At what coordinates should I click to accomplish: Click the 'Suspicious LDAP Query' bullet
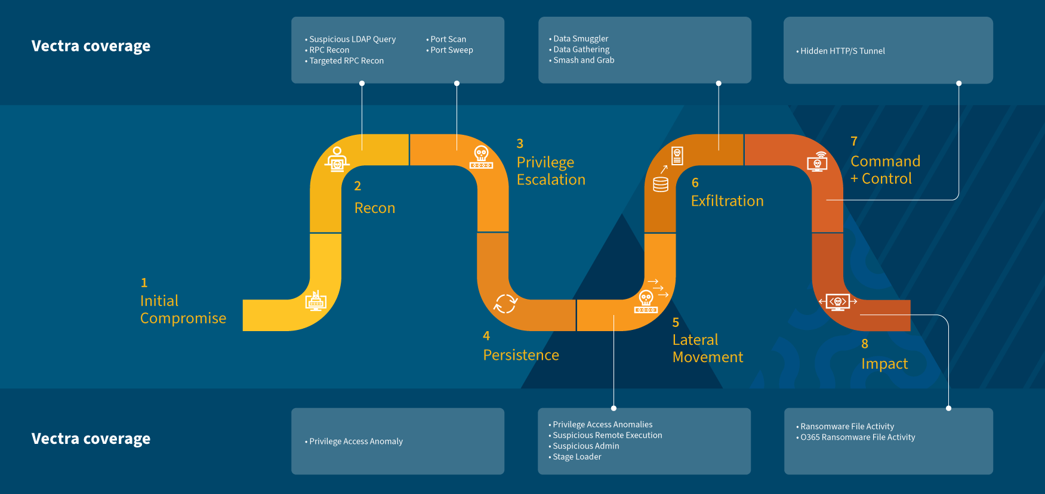point(352,39)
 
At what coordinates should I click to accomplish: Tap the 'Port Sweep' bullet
point(451,50)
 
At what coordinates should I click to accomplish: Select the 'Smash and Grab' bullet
point(583,60)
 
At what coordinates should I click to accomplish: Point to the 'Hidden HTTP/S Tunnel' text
point(842,51)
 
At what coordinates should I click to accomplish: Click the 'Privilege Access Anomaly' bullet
point(356,441)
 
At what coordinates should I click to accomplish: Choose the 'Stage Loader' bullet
point(577,457)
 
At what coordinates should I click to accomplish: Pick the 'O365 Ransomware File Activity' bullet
point(857,437)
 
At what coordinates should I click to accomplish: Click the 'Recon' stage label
point(375,208)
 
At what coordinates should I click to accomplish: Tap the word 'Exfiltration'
point(727,201)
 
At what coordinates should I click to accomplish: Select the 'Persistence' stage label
point(521,355)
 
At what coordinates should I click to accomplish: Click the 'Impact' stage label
point(884,364)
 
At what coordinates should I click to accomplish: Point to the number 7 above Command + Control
point(854,141)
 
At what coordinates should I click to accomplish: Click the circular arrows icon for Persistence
point(505,304)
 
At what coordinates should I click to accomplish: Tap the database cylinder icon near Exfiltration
point(661,184)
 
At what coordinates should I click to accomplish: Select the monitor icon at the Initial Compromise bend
point(316,301)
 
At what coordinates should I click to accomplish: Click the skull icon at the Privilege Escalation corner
point(481,157)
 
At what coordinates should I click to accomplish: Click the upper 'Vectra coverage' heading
point(91,46)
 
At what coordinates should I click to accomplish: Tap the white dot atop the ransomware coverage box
point(948,409)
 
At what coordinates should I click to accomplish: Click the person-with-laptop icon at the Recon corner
point(337,159)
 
